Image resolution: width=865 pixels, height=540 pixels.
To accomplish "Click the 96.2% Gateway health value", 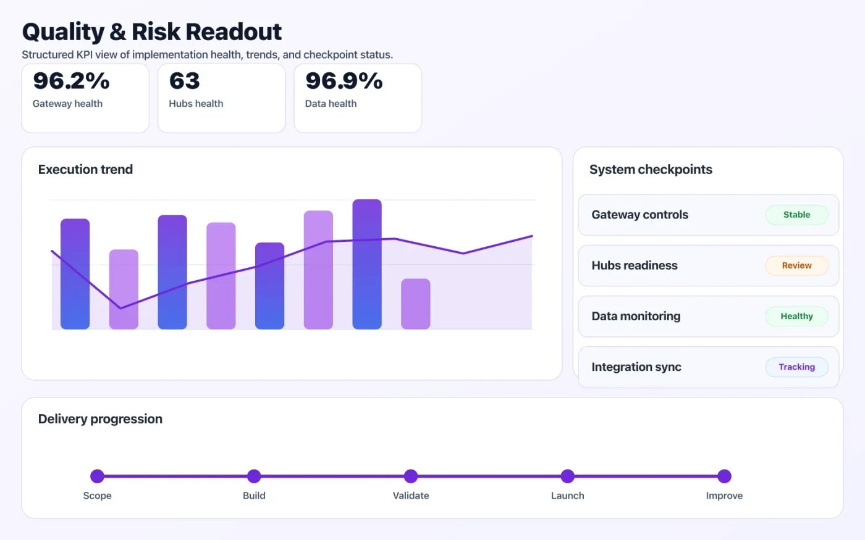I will pos(71,81).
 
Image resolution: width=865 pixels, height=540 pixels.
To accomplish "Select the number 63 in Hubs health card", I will pos(184,81).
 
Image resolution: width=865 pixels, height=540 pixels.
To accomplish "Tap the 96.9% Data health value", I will pos(344,81).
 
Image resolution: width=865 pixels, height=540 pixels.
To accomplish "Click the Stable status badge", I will pos(796,215).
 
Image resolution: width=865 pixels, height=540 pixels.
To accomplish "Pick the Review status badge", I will pos(796,265).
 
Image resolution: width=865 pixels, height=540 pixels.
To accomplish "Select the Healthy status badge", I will pos(796,316).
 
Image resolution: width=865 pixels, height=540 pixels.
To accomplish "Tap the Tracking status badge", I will pos(796,367).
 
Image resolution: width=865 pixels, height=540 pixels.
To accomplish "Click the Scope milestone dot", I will pos(97,476).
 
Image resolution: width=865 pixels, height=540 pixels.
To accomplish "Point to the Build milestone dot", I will pos(254,476).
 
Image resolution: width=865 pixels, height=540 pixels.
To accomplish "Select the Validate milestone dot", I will pos(411,476).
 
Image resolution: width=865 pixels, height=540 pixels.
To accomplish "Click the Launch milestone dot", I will pos(568,476).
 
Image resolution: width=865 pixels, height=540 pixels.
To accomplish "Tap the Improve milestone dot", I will pos(724,476).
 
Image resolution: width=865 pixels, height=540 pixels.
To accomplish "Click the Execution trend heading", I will pos(85,170).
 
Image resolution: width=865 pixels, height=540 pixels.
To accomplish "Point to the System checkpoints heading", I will pos(651,170).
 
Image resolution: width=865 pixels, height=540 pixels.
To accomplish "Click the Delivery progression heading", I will pos(100,419).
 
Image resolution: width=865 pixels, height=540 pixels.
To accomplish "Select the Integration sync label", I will pos(636,367).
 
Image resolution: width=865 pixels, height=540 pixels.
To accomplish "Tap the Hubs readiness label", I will pos(634,265).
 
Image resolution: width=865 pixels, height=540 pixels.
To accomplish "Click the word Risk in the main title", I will pos(156,32).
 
